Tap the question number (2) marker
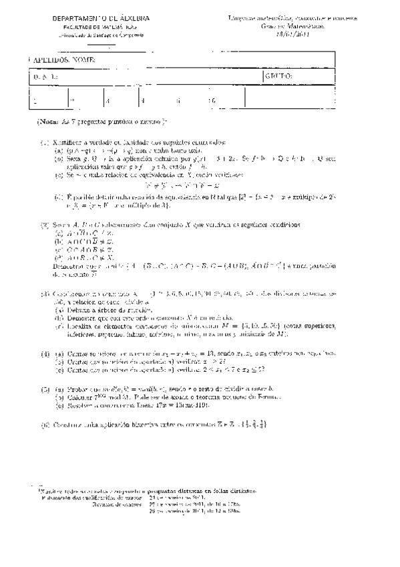(x=45, y=225)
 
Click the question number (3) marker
(x=45, y=293)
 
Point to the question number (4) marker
(x=45, y=352)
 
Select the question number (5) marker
(x=45, y=388)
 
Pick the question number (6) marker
(x=45, y=424)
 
